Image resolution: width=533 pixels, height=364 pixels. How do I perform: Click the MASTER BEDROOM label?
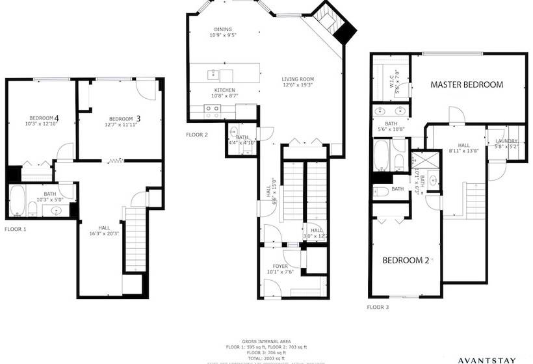click(x=467, y=85)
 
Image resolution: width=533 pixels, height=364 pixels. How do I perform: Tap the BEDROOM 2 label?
click(x=406, y=261)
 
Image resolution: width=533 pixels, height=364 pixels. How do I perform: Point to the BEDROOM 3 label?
click(x=124, y=118)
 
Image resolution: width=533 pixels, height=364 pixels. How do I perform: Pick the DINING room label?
click(x=222, y=30)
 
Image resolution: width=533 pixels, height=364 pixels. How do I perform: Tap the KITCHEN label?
click(x=224, y=90)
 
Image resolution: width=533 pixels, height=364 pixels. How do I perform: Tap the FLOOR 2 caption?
click(x=197, y=135)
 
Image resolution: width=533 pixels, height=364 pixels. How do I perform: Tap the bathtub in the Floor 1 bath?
click(x=17, y=200)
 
